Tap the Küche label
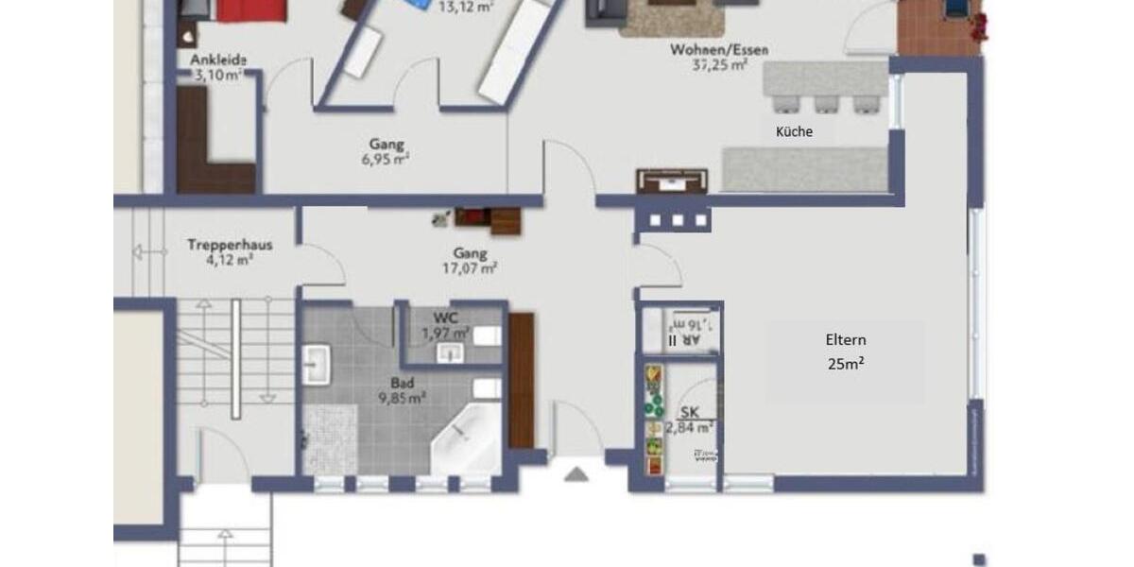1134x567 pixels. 794,132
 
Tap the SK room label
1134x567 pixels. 688,412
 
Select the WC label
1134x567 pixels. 446,317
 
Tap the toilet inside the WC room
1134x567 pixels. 487,336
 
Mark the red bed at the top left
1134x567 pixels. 251,9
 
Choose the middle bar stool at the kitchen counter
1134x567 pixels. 826,103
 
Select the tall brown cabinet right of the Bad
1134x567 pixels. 522,380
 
